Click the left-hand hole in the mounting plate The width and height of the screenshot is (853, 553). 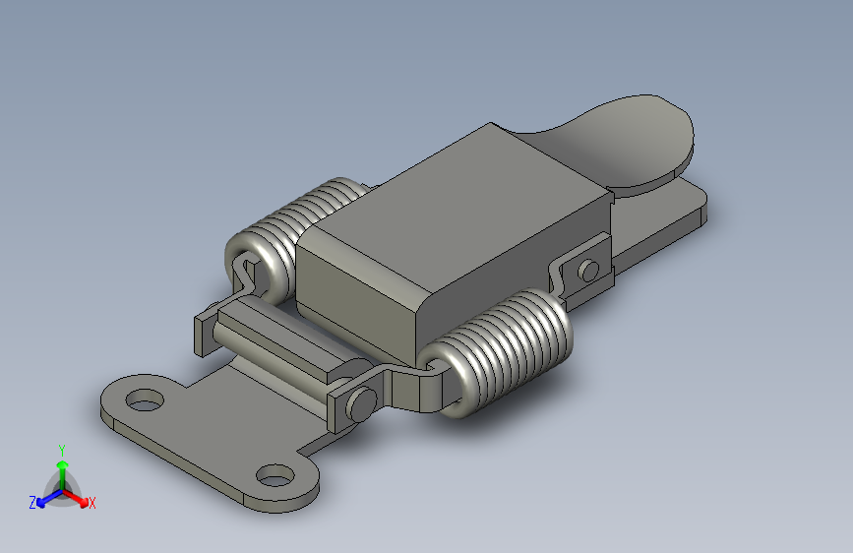(145, 400)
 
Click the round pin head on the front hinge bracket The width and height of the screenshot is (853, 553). (361, 401)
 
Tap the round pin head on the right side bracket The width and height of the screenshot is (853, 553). (588, 270)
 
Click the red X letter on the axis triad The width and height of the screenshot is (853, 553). (91, 504)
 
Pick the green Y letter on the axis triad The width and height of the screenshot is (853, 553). (61, 448)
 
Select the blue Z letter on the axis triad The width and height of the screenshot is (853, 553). (32, 503)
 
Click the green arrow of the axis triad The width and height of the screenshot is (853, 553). (61, 466)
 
